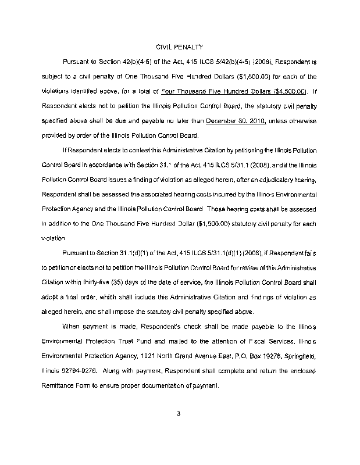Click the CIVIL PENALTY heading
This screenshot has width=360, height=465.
pyautogui.click(x=179, y=46)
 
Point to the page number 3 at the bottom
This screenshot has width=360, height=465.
pyautogui.click(x=179, y=414)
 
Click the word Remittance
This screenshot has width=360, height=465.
pyautogui.click(x=58, y=385)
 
